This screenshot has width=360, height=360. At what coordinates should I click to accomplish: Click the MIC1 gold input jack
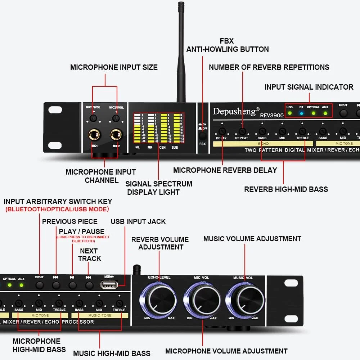[x=95, y=135]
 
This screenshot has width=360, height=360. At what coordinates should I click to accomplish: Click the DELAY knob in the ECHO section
[x=222, y=131]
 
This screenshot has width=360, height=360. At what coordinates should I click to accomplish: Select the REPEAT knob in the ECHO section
[x=242, y=131]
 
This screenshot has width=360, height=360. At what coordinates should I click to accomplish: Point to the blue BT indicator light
[x=302, y=113]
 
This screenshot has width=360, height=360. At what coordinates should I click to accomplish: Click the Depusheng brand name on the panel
[x=236, y=111]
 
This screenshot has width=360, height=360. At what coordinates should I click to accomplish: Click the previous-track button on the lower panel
[x=56, y=285]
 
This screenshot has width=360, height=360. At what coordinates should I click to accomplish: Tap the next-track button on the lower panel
[x=89, y=285]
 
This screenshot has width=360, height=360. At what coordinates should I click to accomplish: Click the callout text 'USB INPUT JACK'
[x=138, y=221]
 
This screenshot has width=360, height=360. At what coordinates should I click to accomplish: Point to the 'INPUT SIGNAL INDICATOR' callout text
[x=309, y=87]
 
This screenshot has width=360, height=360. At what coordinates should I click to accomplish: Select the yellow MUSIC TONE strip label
[x=100, y=315]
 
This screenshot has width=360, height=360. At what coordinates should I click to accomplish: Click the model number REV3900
[x=272, y=115]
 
